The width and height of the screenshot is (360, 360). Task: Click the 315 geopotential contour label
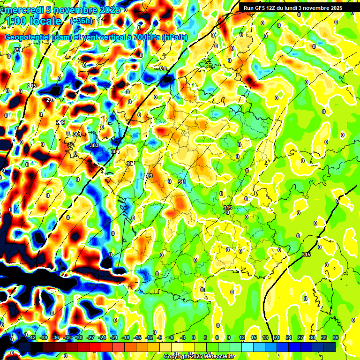tap(306, 255)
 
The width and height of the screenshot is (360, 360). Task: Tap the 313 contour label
tap(228, 207)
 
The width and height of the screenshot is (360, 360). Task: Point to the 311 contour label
tap(182, 181)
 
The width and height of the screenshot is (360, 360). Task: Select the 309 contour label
tap(149, 176)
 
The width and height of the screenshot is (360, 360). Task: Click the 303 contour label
tap(94, 145)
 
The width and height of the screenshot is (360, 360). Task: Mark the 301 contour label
tap(77, 134)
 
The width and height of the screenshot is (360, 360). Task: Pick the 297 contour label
tap(51, 100)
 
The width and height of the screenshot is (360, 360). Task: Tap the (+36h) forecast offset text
tap(81, 21)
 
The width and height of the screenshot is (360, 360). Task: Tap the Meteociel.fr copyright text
tap(216, 357)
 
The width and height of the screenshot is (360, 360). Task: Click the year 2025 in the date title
tap(107, 9)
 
